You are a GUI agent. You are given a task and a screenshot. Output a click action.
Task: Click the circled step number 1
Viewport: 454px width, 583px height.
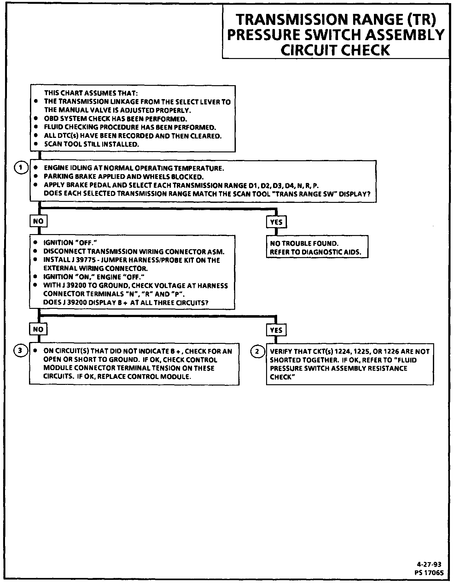(21, 168)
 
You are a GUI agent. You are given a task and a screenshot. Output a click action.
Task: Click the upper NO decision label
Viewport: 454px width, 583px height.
(38, 221)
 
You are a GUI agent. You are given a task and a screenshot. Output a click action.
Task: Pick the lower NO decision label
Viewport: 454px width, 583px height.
(38, 329)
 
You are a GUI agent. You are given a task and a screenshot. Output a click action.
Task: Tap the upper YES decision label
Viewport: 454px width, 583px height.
(276, 222)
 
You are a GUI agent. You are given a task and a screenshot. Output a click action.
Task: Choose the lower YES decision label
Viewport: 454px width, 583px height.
(276, 330)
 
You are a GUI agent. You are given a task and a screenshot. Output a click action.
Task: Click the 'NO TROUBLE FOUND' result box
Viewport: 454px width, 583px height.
(317, 248)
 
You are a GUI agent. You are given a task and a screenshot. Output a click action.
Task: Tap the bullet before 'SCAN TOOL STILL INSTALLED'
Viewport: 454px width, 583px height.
(36, 144)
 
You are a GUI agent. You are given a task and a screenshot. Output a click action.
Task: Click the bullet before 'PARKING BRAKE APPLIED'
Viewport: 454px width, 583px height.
(36, 176)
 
